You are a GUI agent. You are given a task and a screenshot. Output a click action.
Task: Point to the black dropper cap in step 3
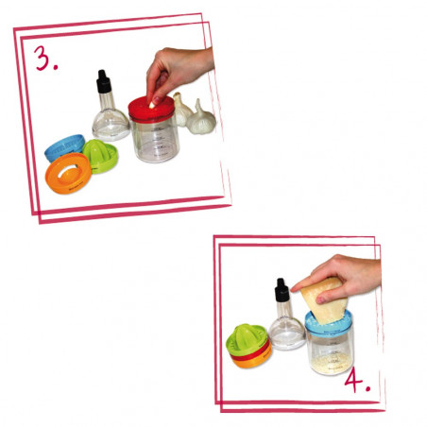point(103,83)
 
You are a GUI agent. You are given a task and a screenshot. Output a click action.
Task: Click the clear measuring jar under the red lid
point(157,142)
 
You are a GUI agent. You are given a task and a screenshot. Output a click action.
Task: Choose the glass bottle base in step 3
point(110,122)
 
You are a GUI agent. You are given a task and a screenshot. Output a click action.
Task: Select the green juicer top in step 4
point(248,337)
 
